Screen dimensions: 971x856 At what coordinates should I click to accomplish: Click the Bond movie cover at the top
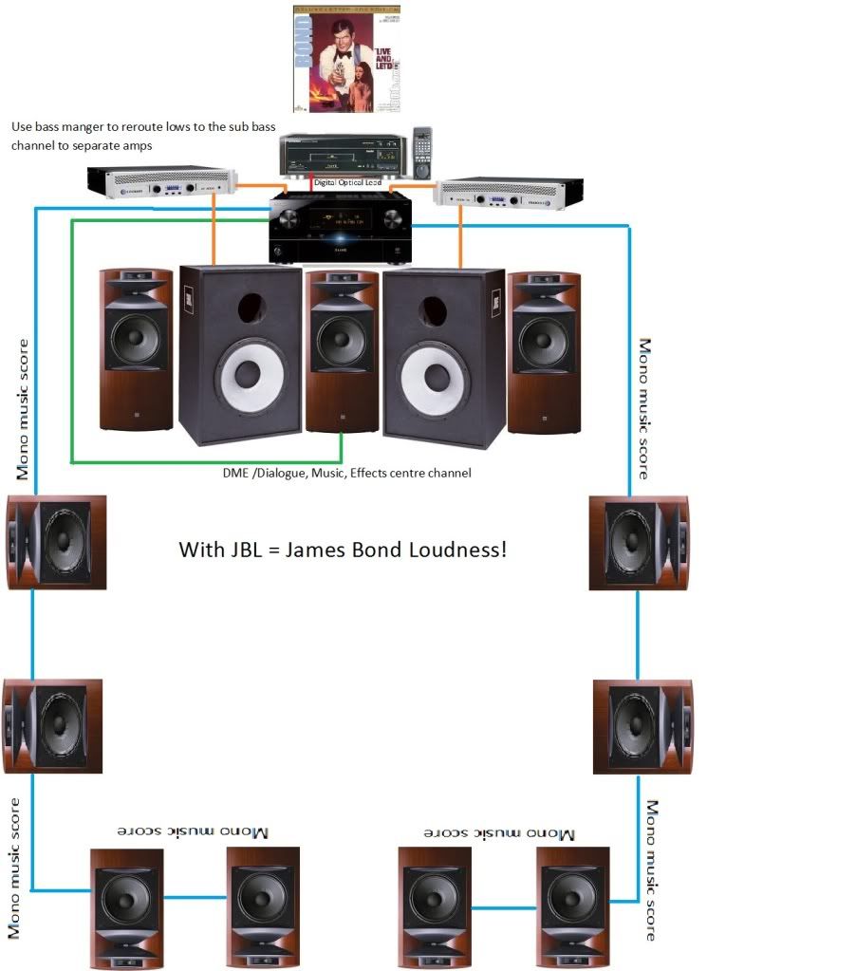(x=347, y=59)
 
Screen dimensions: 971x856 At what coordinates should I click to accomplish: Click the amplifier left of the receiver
(x=159, y=183)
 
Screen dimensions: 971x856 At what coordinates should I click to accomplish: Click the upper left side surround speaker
(x=56, y=540)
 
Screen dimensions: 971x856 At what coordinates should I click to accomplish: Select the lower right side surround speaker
(x=642, y=724)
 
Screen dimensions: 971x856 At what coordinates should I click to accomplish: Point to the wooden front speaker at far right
(x=544, y=351)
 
